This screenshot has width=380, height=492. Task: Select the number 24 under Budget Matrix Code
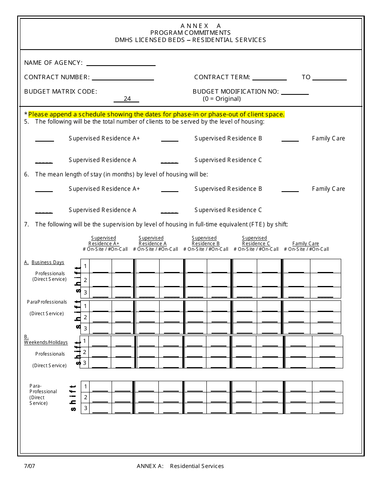click(x=127, y=99)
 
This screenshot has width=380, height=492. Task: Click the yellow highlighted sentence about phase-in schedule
click(x=156, y=114)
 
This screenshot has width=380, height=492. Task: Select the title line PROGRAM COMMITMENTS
click(x=190, y=33)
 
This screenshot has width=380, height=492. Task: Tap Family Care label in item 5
click(x=328, y=138)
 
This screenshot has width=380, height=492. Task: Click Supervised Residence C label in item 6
click(x=228, y=210)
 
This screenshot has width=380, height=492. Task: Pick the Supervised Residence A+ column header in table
click(x=104, y=241)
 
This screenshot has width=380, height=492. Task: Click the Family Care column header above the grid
click(x=306, y=244)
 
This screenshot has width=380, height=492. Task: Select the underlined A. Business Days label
click(x=44, y=262)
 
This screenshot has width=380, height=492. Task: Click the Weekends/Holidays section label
click(x=46, y=342)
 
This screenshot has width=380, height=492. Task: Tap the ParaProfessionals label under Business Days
click(x=47, y=302)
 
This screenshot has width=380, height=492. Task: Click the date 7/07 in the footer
click(x=30, y=466)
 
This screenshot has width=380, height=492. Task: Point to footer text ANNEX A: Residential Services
click(x=180, y=466)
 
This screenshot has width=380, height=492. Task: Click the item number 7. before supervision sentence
click(x=26, y=224)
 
